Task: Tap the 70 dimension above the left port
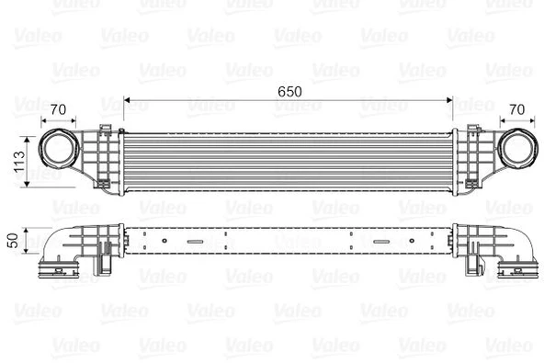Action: pos(61,110)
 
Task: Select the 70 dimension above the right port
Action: pos(517,110)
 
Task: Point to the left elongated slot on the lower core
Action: pos(196,243)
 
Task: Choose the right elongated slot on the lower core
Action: pos(380,243)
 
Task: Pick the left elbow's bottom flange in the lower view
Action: pos(58,270)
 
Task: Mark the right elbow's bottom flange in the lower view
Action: pos(516,270)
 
